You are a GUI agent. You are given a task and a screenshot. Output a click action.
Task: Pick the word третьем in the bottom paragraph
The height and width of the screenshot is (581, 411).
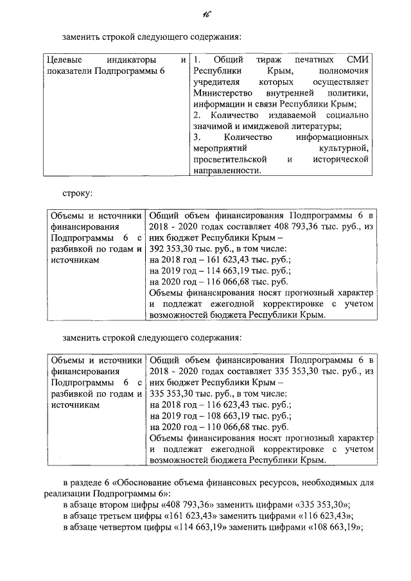pyautogui.click(x=121, y=516)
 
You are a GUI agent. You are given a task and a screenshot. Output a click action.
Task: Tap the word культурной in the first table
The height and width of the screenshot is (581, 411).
pyautogui.click(x=343, y=148)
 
